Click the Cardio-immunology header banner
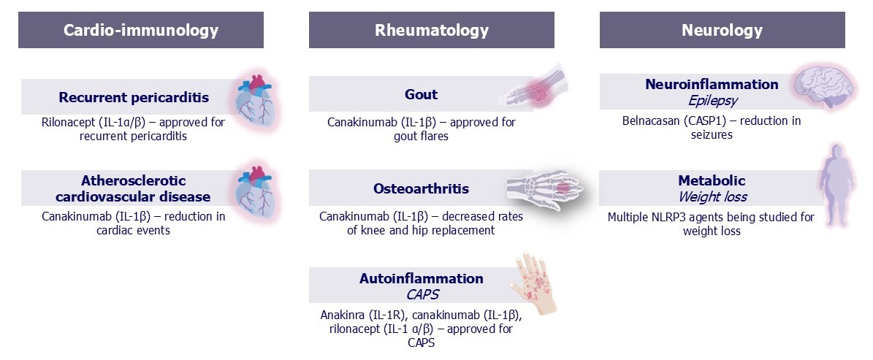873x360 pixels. [x=141, y=30]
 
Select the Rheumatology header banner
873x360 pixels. [x=432, y=30]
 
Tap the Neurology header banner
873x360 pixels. [x=722, y=30]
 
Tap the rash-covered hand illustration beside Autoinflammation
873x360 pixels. [x=533, y=283]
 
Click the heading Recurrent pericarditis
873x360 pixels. [x=134, y=98]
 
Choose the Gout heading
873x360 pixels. [x=422, y=95]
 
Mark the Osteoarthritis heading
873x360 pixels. [x=421, y=188]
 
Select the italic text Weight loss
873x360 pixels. [x=712, y=197]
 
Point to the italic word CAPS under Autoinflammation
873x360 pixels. [x=421, y=294]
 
